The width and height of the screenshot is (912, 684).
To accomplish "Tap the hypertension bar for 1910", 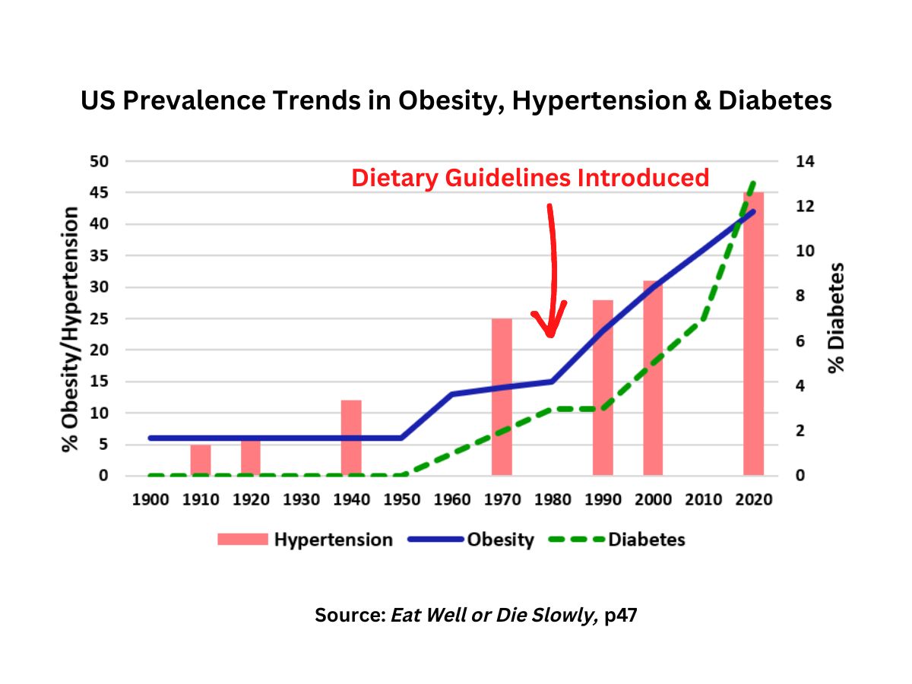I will tap(201, 460).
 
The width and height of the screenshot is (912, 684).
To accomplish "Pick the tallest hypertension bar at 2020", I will tap(752, 334).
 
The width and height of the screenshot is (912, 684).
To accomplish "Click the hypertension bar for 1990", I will tap(603, 388).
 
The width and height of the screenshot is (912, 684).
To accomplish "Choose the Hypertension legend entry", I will tap(305, 540).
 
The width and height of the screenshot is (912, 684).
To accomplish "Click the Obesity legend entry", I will tap(471, 540).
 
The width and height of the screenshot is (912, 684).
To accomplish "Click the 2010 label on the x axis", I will tap(703, 499).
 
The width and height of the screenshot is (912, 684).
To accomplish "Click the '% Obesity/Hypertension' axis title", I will tap(71, 328).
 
